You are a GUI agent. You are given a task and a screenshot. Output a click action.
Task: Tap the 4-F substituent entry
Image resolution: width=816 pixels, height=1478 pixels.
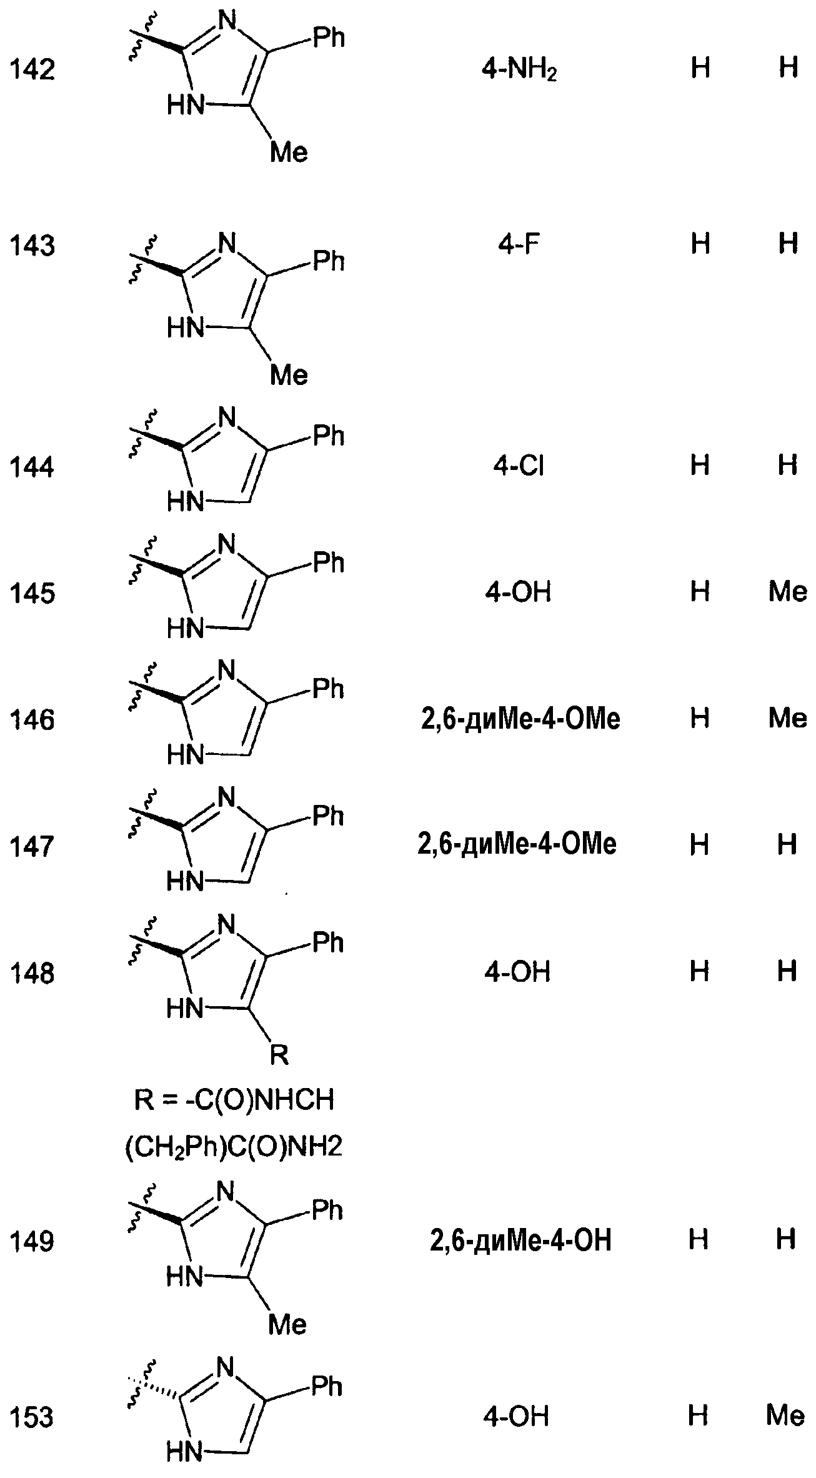tap(519, 244)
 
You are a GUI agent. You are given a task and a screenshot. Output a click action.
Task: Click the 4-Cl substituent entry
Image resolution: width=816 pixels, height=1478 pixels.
tap(519, 466)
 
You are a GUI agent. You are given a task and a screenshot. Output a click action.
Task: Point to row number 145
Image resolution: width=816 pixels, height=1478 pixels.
tap(32, 593)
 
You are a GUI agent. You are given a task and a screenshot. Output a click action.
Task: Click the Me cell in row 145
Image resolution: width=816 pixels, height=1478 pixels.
tap(787, 591)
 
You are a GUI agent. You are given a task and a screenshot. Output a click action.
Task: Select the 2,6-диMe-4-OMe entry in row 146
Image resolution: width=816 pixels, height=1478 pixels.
tap(519, 719)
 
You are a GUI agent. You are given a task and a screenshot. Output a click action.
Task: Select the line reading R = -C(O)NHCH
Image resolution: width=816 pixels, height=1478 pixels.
tap(234, 1101)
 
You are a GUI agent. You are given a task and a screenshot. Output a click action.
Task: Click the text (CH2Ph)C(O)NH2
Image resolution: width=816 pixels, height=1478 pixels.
tap(234, 1147)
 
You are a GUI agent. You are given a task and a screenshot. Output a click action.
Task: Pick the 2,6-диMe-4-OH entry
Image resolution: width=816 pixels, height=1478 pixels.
tap(520, 1241)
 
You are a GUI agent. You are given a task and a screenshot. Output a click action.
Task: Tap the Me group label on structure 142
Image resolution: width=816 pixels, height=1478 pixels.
tap(289, 153)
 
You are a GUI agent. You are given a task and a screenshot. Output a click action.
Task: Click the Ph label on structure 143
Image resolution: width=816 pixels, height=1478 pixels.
tap(329, 261)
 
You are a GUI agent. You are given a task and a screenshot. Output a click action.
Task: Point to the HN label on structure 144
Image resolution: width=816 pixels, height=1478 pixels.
tap(186, 502)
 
